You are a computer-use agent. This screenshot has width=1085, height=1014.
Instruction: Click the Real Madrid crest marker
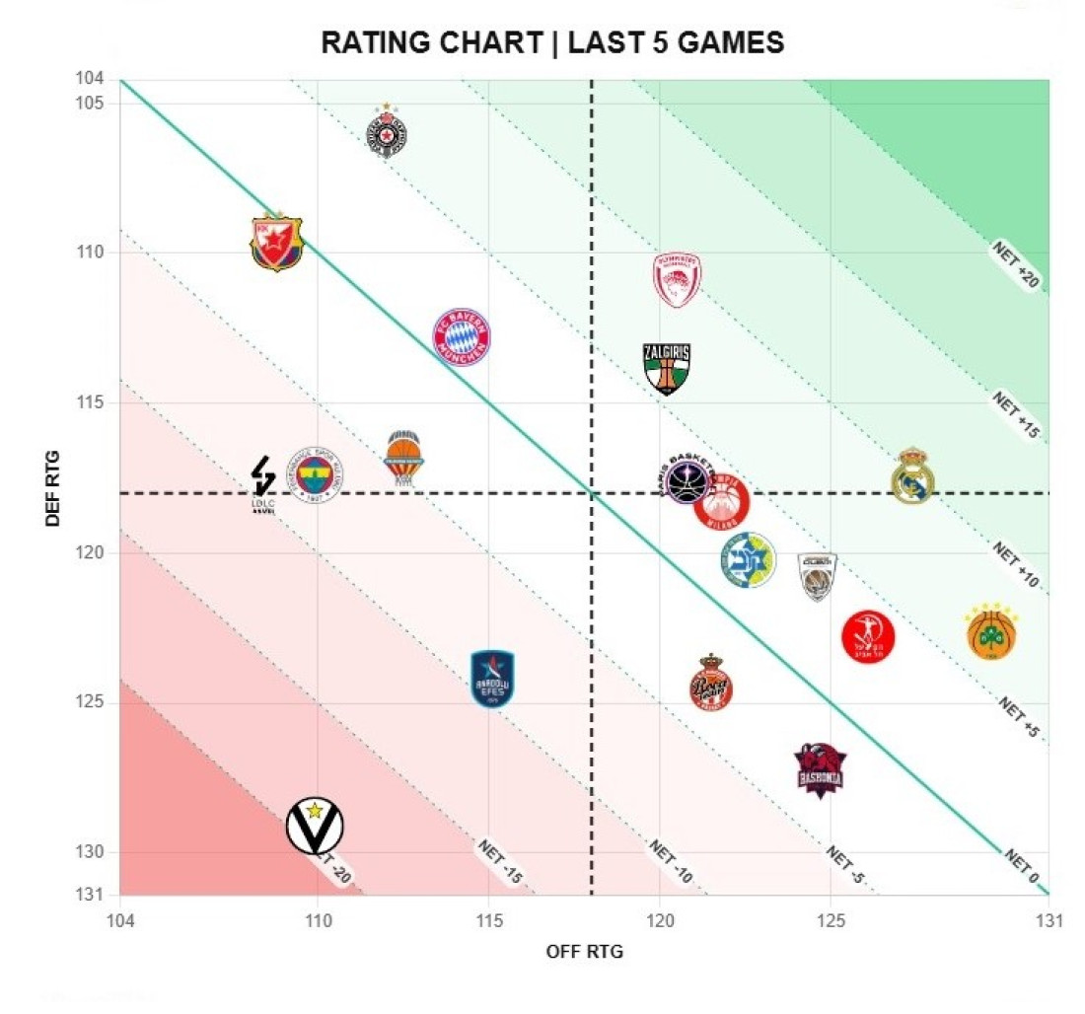click(x=912, y=476)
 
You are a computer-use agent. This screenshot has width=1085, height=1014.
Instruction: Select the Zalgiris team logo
click(x=666, y=368)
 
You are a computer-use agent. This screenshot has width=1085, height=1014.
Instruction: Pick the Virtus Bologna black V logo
click(x=315, y=826)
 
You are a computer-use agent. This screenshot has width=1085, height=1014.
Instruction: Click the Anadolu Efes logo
click(x=493, y=679)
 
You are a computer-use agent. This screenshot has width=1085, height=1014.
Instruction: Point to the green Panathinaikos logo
click(x=991, y=632)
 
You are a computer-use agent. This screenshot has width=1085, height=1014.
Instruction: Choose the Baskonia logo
click(x=821, y=769)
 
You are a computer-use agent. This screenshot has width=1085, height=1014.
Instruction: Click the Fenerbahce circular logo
click(x=315, y=475)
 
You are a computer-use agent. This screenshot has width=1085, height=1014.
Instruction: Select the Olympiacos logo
click(x=678, y=280)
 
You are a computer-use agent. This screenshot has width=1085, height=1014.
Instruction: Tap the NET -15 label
click(x=499, y=861)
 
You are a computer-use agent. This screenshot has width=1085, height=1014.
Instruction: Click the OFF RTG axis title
click(x=585, y=952)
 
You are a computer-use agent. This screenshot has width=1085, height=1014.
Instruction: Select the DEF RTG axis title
click(x=53, y=487)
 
